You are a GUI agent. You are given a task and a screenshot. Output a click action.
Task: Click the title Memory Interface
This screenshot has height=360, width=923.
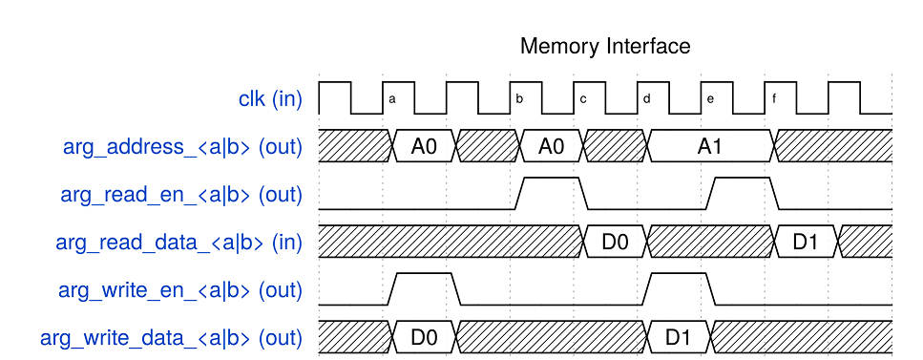(605, 46)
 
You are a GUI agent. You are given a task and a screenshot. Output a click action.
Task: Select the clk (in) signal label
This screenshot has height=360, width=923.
(270, 99)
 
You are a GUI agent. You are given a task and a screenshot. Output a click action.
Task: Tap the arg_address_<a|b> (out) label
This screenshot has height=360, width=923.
(182, 147)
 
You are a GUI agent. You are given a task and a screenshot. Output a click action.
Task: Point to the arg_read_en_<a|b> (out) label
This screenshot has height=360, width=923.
(181, 195)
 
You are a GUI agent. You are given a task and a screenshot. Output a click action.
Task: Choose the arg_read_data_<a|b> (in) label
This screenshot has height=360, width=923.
(178, 243)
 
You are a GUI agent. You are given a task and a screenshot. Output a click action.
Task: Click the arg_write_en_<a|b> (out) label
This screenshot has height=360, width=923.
(180, 291)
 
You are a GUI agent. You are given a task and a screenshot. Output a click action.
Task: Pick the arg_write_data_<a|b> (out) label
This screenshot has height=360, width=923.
(171, 339)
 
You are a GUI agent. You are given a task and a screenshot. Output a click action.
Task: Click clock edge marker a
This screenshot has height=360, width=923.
(392, 99)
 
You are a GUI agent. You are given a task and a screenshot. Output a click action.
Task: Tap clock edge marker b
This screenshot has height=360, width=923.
(519, 99)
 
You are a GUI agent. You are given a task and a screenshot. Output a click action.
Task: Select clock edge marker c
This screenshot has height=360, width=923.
(583, 99)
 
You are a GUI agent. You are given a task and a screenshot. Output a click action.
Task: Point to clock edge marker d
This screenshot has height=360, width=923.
(646, 99)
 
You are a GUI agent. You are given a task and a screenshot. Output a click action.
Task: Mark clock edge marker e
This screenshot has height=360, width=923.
(710, 99)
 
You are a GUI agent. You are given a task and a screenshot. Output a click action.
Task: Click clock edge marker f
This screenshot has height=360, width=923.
(773, 99)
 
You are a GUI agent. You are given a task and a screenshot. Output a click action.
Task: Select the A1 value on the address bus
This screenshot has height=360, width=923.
(709, 147)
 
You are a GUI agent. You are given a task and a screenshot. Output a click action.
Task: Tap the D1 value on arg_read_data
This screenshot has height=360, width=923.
(805, 243)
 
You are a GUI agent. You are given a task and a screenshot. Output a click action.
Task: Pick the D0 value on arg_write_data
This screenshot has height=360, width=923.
(424, 338)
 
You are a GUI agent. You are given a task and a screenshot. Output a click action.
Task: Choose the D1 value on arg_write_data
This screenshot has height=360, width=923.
(678, 338)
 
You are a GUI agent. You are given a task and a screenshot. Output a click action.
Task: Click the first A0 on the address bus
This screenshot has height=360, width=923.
(424, 147)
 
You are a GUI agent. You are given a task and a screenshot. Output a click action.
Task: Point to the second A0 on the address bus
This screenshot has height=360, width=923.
(551, 147)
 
